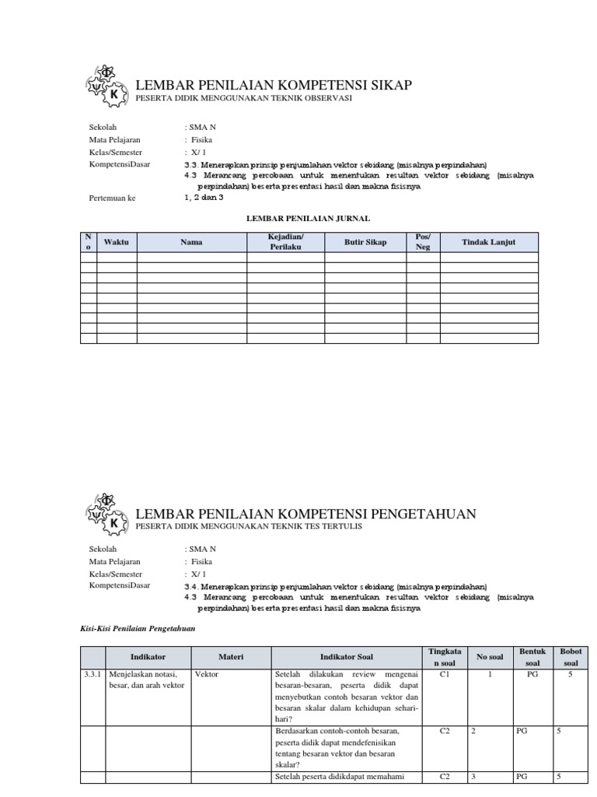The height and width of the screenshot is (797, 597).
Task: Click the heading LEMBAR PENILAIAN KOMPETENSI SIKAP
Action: pyautogui.click(x=274, y=85)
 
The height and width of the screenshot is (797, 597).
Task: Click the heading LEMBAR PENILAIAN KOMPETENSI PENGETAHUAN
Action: pyautogui.click(x=305, y=514)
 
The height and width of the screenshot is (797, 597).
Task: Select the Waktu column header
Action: pyautogui.click(x=117, y=242)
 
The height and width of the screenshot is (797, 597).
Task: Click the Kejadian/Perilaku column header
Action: pyautogui.click(x=285, y=242)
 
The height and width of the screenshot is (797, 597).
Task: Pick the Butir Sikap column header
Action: pyautogui.click(x=365, y=242)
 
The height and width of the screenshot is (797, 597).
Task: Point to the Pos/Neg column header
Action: pyautogui.click(x=424, y=242)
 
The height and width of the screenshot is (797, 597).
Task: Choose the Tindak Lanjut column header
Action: pyautogui.click(x=489, y=242)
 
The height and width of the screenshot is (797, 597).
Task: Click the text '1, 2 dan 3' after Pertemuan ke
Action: pyautogui.click(x=204, y=198)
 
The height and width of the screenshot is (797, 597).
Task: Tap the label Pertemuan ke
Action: pyautogui.click(x=113, y=198)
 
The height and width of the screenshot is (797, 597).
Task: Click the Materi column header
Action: pyautogui.click(x=231, y=657)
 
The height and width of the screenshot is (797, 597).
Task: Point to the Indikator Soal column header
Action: pyautogui.click(x=347, y=657)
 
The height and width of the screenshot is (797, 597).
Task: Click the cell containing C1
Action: pyautogui.click(x=445, y=675)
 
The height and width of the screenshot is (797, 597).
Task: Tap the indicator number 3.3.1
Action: pyautogui.click(x=93, y=675)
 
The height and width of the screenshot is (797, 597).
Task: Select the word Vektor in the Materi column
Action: pyautogui.click(x=207, y=675)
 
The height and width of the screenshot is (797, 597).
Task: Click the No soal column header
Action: pyautogui.click(x=490, y=657)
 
